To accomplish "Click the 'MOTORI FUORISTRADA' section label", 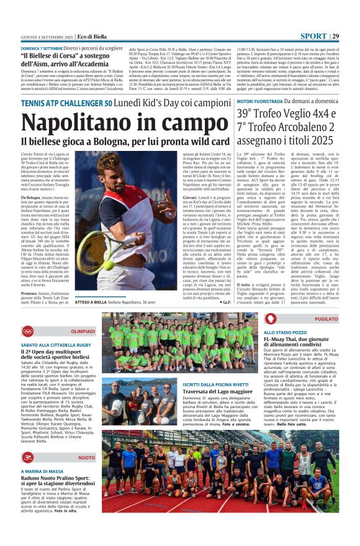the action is (261, 100).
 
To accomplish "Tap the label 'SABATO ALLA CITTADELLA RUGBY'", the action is (56, 344).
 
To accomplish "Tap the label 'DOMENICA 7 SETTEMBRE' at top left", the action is (41, 48).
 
